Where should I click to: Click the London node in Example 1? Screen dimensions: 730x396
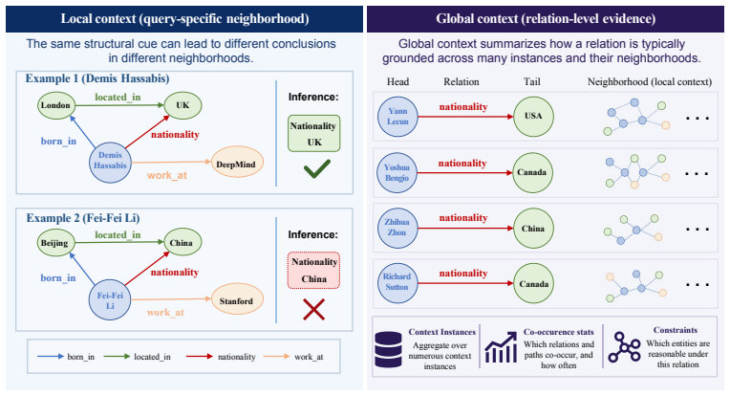pos(55,105)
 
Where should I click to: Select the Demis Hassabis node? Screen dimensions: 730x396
pos(110,162)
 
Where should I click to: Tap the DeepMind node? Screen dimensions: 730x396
pos(237,164)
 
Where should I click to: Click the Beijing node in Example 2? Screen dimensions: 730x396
pos(54,243)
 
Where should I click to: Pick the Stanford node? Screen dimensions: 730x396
pos(237,300)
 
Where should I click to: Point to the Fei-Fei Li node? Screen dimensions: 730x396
pos(110,300)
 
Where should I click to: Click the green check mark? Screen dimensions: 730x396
pos(317,168)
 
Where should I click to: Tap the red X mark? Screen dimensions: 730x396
pos(313,309)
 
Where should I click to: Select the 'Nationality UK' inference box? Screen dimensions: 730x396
pos(313,134)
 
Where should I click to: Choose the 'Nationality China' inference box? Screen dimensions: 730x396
pos(313,271)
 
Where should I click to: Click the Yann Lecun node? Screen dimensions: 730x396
pos(397,117)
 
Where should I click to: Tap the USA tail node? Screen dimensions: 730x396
pos(533,116)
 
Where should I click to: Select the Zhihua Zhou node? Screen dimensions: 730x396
pos(397,228)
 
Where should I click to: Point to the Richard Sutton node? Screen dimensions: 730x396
pos(397,282)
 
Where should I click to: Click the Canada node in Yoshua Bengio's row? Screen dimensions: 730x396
pos(532,172)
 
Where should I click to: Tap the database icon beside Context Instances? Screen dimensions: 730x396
pos(388,349)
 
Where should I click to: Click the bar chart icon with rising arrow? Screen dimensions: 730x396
pos(501,347)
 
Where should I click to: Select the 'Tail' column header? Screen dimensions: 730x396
pos(531,82)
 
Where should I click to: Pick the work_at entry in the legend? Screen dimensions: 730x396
pos(293,357)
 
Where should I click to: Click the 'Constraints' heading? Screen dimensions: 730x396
pos(676,330)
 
